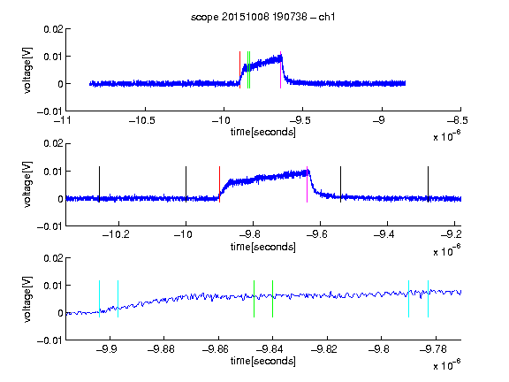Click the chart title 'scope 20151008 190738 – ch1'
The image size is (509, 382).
262,17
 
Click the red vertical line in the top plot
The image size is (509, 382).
239,70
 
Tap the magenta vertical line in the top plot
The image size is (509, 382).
280,70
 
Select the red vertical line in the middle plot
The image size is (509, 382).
219,185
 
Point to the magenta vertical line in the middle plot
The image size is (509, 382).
307,185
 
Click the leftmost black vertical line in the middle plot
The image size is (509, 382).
99,185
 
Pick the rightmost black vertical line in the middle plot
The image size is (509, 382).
428,185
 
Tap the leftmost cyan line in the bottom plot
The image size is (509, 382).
99,299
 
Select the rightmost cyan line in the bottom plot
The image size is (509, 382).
428,299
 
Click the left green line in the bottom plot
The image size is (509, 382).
254,299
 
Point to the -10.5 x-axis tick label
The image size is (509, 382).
142,120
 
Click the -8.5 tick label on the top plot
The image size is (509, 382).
458,120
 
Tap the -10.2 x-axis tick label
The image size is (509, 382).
116,234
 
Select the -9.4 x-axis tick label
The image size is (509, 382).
384,234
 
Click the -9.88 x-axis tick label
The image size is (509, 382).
161,349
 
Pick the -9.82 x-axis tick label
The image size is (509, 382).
324,349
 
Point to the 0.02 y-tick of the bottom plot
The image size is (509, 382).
54,258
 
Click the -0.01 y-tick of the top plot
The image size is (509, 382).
49,111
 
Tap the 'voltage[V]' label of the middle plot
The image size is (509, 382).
28,184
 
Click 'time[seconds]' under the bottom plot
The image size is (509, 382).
263,361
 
